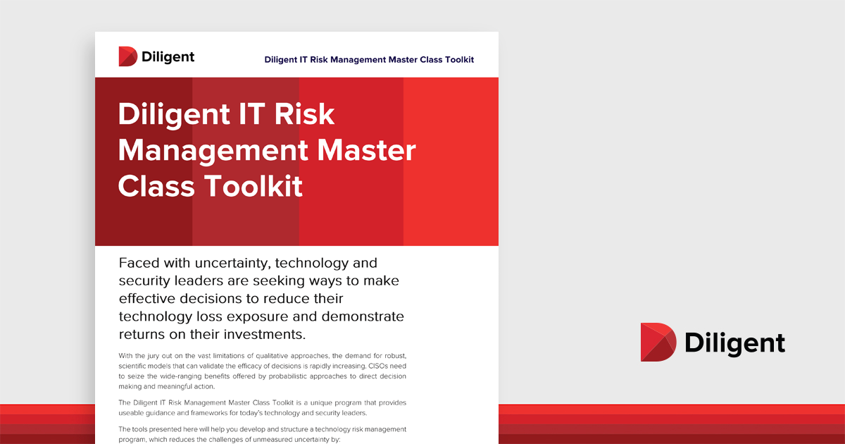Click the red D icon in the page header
click(128, 56)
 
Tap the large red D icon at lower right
click(658, 342)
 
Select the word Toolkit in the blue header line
click(459, 60)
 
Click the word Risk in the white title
click(304, 113)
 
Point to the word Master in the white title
click(366, 150)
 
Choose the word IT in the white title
click(251, 113)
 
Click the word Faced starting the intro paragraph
click(138, 263)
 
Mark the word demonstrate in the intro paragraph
click(363, 316)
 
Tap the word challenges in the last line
click(225, 440)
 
